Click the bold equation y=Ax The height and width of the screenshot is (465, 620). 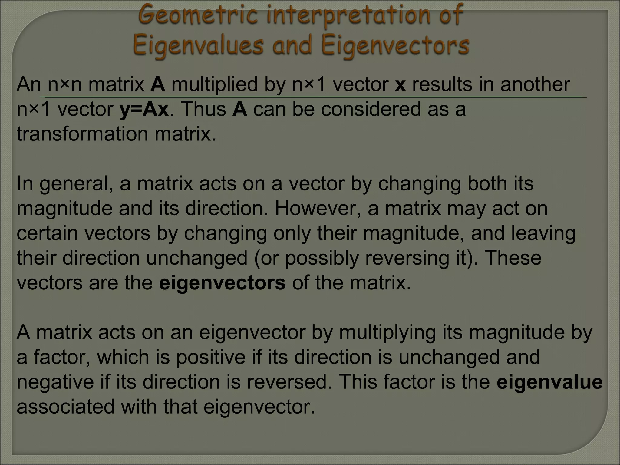tap(144, 109)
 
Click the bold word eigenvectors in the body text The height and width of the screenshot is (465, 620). tap(222, 283)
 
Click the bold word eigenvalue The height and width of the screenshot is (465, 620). tap(549, 382)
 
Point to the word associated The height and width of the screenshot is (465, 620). tap(65, 407)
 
